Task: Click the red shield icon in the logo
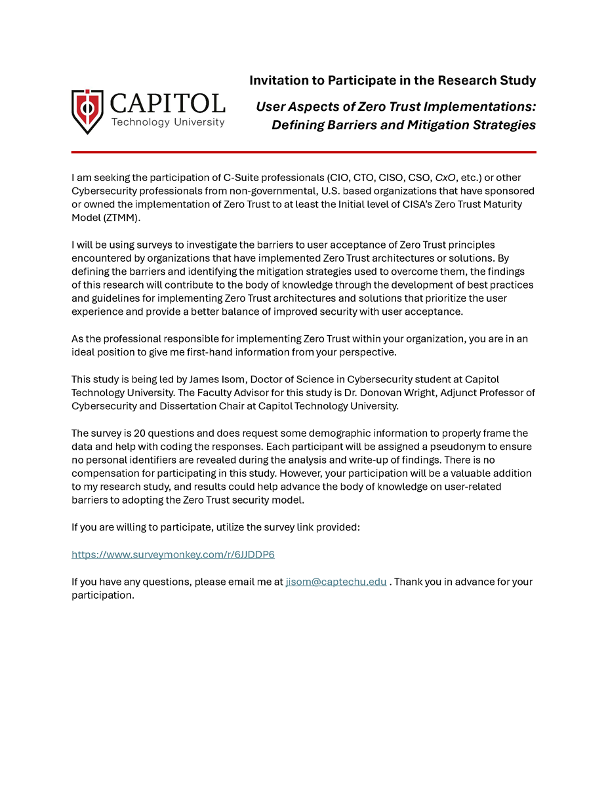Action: tap(87, 111)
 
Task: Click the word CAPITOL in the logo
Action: tap(168, 104)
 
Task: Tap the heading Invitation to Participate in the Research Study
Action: tap(392, 81)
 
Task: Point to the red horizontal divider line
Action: tap(304, 152)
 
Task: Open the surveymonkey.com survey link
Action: tap(172, 555)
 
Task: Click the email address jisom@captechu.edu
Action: tap(336, 582)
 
